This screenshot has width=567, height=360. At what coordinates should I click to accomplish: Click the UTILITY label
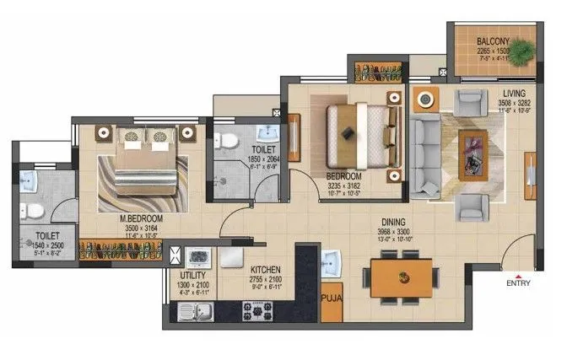(192, 276)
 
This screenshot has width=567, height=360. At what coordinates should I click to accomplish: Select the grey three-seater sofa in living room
(424, 158)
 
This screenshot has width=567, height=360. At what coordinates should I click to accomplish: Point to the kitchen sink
(197, 314)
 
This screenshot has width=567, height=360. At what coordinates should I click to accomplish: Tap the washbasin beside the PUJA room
(331, 260)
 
